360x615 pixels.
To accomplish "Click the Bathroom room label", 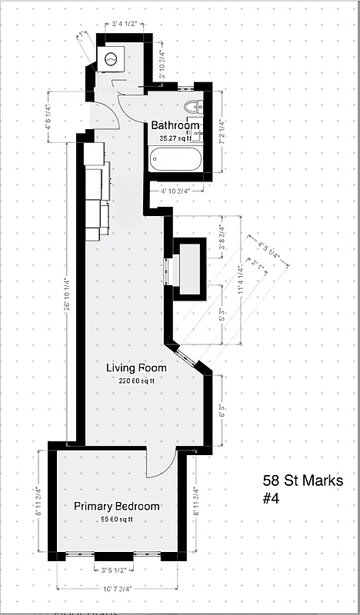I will pos(175,125).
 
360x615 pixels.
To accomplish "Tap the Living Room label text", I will pos(135,368).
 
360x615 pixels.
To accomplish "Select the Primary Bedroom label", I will pos(117,507).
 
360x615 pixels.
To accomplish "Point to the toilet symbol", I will pos(195,108).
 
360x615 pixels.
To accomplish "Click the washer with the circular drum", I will pos(111,58).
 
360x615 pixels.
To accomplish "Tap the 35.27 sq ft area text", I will pos(175,138).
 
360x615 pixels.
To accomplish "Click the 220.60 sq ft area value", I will pos(136,381).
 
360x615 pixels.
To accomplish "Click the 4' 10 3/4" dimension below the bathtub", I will pos(176,190).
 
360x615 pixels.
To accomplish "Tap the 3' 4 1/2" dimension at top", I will pos(124,25).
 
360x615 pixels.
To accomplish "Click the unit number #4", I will pos(271,498).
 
